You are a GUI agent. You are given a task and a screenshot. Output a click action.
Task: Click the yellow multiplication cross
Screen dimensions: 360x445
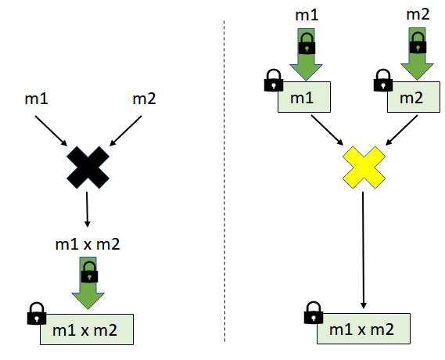364,167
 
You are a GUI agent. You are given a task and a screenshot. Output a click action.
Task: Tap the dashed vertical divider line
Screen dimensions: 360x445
224,180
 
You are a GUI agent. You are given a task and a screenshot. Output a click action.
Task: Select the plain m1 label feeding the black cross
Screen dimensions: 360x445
37,99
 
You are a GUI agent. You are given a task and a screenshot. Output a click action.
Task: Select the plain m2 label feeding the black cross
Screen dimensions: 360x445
143,99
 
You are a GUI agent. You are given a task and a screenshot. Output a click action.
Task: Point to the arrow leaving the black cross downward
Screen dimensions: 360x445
86,210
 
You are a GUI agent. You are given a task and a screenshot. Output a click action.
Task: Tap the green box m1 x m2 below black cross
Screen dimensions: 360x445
87,329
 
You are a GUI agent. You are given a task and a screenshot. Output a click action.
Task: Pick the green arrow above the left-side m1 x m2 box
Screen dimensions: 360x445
89,283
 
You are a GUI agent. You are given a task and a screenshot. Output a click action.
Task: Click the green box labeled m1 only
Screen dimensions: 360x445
305,98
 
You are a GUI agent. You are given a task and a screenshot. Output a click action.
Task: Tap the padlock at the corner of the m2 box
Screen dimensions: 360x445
384,80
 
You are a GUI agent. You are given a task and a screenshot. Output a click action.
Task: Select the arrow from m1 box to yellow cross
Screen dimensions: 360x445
326,129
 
